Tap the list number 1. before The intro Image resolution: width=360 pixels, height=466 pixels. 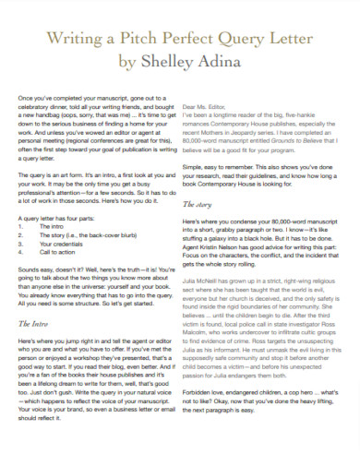click(19, 224)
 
